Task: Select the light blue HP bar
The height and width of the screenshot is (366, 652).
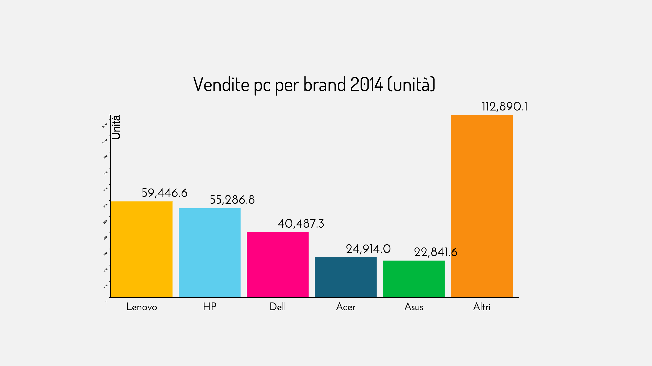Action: [210, 253]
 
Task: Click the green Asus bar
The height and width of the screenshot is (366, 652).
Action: [414, 279]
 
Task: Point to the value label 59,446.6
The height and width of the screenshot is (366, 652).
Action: [164, 193]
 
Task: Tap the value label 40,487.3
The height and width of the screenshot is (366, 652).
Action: [301, 224]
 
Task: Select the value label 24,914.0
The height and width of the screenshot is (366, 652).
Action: [368, 249]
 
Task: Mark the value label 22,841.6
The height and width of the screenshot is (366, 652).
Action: [436, 252]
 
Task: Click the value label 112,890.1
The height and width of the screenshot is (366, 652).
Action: [504, 107]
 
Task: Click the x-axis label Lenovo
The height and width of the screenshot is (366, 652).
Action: [141, 307]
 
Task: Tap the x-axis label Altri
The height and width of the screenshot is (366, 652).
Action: [482, 307]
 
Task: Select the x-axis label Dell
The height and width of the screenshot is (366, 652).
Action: [278, 307]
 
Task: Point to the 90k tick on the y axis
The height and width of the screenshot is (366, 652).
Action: [106, 157]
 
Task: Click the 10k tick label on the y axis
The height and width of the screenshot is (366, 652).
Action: [106, 286]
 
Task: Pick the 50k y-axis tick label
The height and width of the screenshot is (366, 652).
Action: [106, 222]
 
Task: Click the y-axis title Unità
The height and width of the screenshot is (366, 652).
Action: [116, 127]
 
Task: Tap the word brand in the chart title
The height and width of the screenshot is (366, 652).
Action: [325, 84]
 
